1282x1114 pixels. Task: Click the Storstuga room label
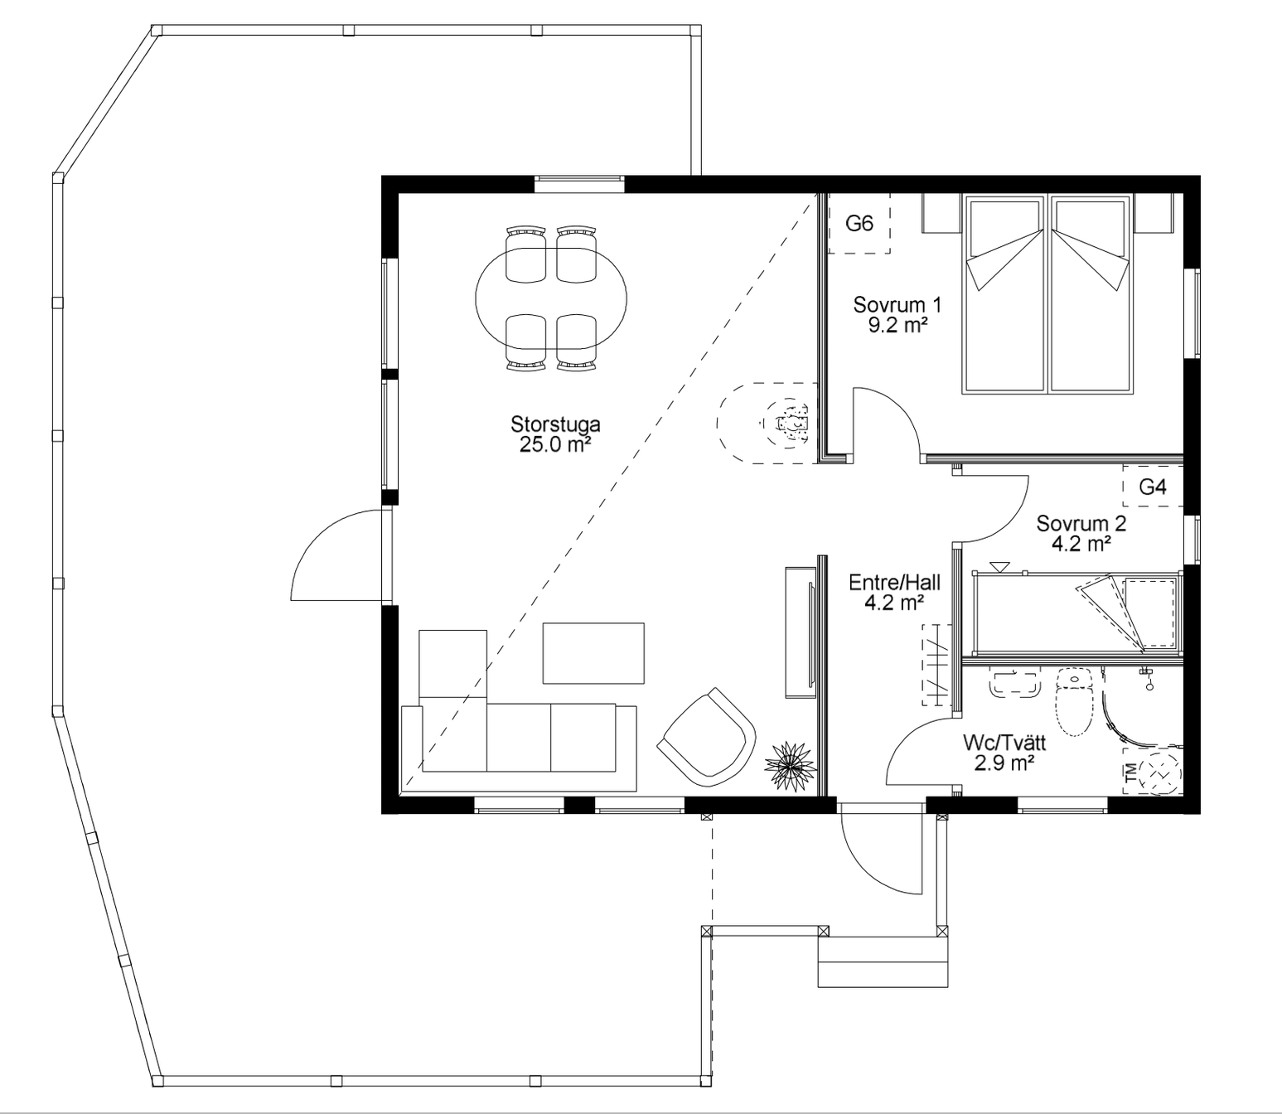pyautogui.click(x=555, y=424)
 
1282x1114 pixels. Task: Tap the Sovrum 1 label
pyautogui.click(x=897, y=305)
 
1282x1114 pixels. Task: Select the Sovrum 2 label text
pyautogui.click(x=1081, y=523)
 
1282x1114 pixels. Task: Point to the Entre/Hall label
pyautogui.click(x=894, y=583)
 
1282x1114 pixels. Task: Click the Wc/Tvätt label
pyautogui.click(x=1004, y=743)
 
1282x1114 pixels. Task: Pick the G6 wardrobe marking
pyautogui.click(x=859, y=223)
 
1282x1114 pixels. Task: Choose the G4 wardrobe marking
pyautogui.click(x=1152, y=487)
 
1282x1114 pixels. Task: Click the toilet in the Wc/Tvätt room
pyautogui.click(x=1075, y=701)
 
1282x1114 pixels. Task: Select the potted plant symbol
pyautogui.click(x=790, y=765)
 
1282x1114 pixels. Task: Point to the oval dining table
pyautogui.click(x=551, y=298)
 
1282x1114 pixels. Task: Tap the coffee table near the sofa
pyautogui.click(x=593, y=653)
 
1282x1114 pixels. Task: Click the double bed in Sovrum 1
pyautogui.click(x=1049, y=294)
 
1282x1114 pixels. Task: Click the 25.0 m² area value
pyautogui.click(x=555, y=445)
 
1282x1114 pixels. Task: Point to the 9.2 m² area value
pyautogui.click(x=897, y=326)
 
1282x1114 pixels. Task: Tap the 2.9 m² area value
pyautogui.click(x=1004, y=763)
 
